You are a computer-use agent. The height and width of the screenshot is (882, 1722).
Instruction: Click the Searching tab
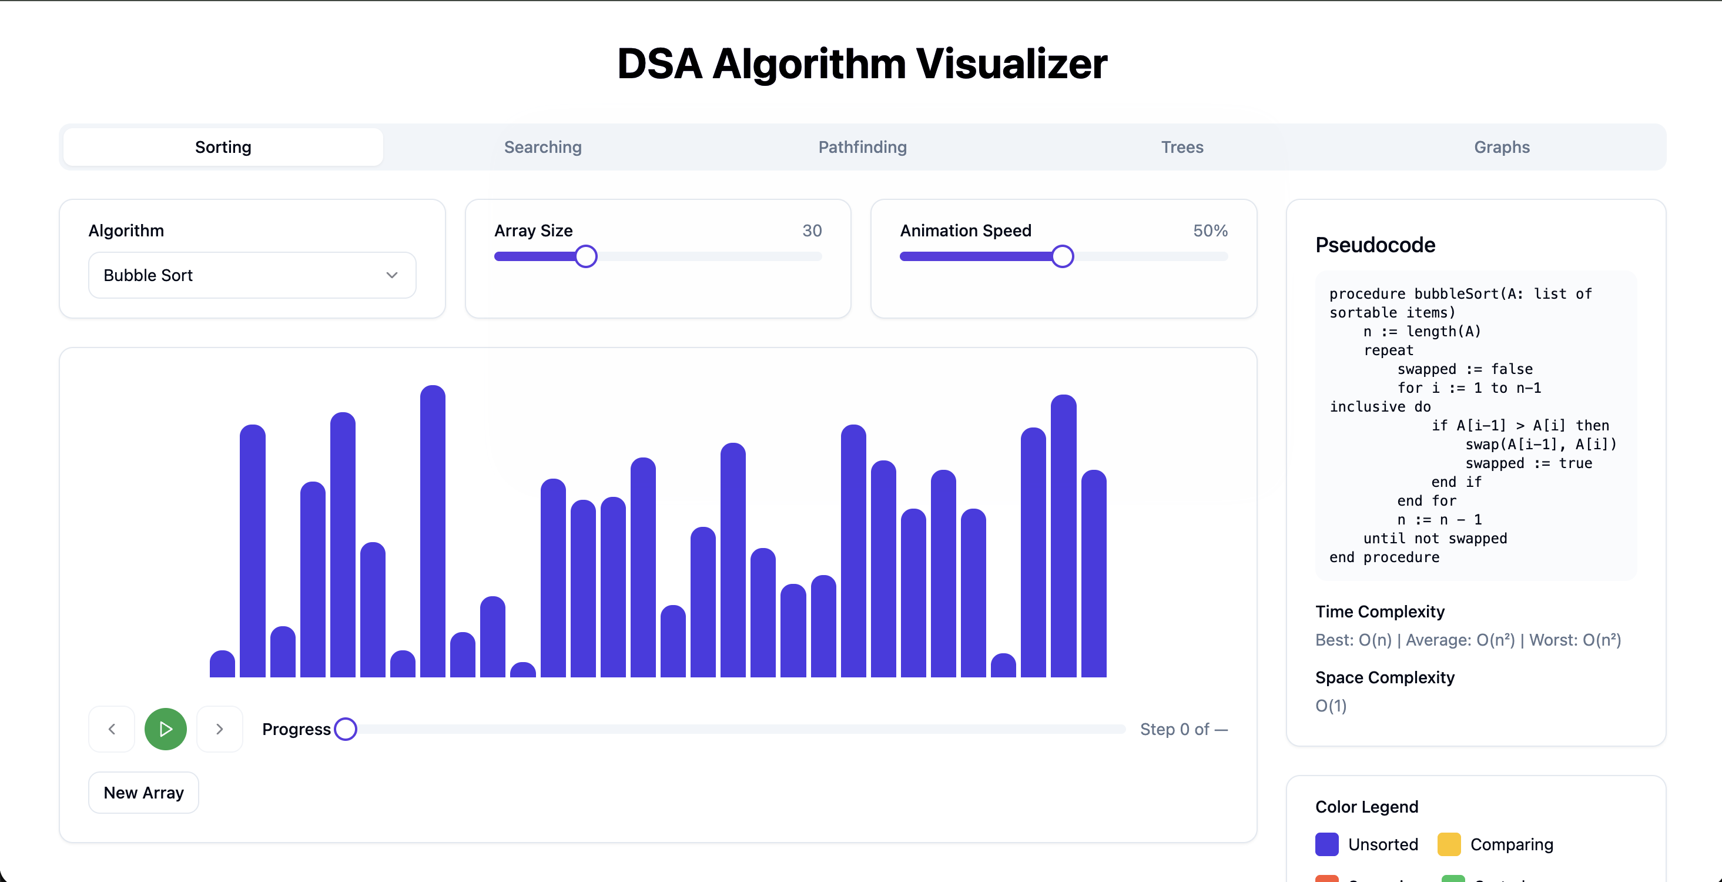(543, 147)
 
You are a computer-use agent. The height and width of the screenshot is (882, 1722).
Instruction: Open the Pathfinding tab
(862, 147)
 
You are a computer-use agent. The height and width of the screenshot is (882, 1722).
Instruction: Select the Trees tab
(1182, 147)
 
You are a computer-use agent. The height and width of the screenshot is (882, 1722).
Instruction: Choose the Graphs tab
(1502, 147)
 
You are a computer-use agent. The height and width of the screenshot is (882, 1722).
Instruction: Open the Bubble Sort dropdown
(252, 275)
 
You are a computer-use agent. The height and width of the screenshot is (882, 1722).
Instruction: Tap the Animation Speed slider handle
(1062, 256)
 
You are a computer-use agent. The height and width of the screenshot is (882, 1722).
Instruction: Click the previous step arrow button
(112, 729)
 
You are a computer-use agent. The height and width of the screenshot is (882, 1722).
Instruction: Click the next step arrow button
(219, 729)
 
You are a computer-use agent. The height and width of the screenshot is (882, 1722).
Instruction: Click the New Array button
(144, 793)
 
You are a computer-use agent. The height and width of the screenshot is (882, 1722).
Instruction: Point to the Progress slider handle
(346, 729)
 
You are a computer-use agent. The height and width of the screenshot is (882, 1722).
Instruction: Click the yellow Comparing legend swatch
(1449, 844)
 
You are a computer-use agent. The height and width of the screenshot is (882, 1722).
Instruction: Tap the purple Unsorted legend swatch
(1327, 844)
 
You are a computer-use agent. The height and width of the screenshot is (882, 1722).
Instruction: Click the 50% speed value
(1210, 230)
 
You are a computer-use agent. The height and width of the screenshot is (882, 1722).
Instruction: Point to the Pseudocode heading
(1375, 245)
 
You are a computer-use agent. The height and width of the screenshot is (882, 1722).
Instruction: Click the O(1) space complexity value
(1330, 706)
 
